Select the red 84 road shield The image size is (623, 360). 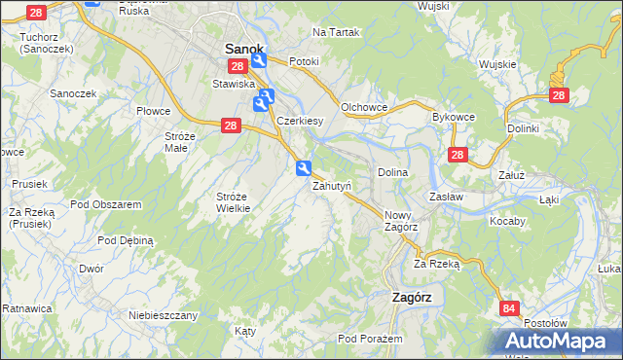click(x=509, y=308)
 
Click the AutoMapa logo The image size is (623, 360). click(x=554, y=342)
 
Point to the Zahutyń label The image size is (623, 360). click(x=332, y=186)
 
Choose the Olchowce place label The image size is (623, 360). click(x=365, y=107)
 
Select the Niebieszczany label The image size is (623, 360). click(x=164, y=315)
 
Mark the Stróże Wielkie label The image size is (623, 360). click(x=234, y=201)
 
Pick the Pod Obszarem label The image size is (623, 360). click(x=107, y=204)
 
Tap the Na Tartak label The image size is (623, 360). click(x=336, y=32)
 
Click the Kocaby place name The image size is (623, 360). click(x=508, y=221)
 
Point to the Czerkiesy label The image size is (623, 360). click(x=300, y=121)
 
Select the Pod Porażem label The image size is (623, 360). click(x=370, y=339)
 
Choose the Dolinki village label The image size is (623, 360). click(x=523, y=127)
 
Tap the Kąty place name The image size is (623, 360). click(x=245, y=331)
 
